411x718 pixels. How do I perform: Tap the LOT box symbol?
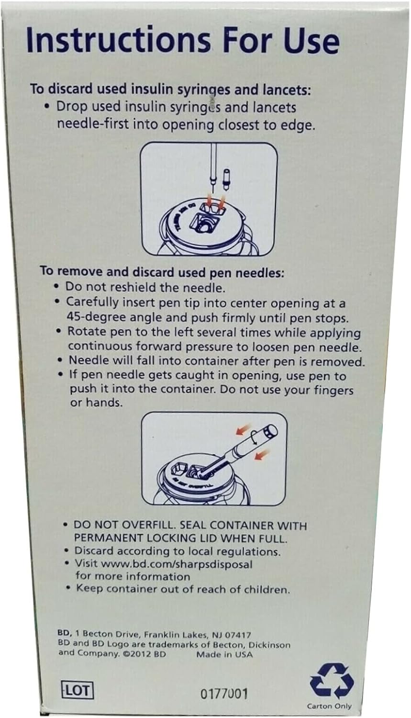point(77,690)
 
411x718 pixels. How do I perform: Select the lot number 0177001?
point(224,694)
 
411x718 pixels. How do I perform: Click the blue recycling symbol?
point(331,681)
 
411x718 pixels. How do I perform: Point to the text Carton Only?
point(329,706)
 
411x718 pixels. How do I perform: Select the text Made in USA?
point(224,654)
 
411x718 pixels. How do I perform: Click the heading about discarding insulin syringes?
point(170,89)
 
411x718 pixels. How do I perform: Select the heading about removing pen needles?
point(162,272)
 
